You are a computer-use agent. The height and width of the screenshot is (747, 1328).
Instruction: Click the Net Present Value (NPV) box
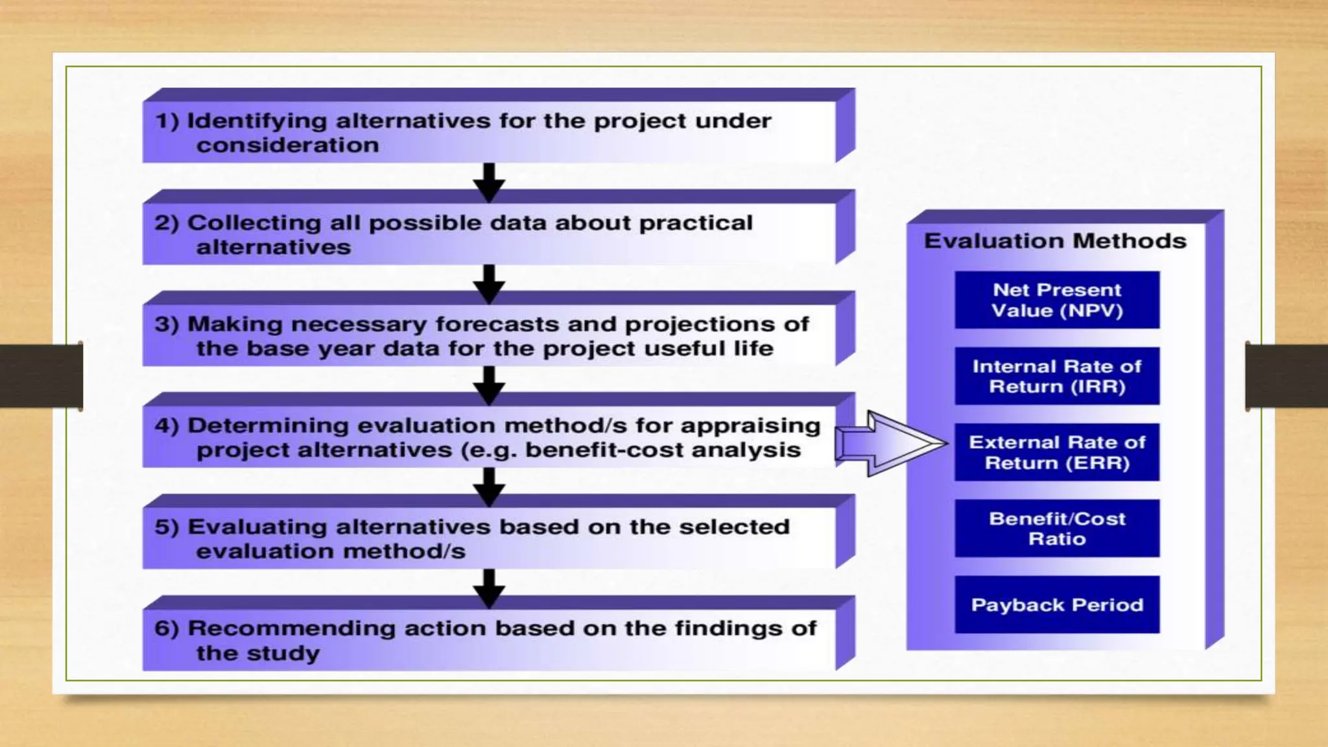(1057, 300)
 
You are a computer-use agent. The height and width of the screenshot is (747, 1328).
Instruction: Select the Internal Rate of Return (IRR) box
(1057, 376)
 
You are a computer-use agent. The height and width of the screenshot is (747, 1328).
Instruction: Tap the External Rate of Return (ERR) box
(1057, 452)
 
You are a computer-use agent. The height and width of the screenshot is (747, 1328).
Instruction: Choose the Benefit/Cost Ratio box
(1057, 528)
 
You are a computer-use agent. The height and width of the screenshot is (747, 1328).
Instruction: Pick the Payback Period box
(1057, 604)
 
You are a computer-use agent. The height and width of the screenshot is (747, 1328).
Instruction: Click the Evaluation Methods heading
(1055, 241)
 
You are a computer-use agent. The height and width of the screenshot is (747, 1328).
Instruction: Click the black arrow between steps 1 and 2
(489, 182)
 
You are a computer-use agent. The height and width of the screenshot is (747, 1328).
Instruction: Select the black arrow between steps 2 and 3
(489, 283)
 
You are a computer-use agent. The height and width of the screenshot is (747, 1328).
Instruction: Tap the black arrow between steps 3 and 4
(489, 385)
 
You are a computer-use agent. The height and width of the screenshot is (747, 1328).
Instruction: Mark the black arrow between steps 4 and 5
(489, 486)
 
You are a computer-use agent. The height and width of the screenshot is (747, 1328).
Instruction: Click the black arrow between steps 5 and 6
(489, 587)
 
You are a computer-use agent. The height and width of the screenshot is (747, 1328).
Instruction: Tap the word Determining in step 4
(268, 426)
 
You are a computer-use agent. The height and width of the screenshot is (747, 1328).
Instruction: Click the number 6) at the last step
(167, 628)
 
